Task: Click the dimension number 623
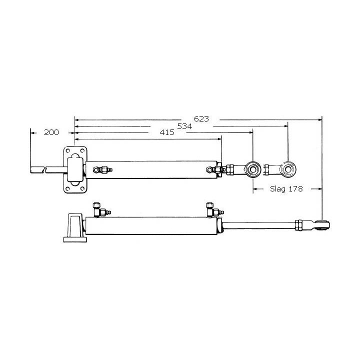coord(201,119)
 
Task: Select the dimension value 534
coord(184,126)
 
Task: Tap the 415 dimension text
coord(167,132)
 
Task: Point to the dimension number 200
coord(51,132)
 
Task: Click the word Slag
coord(278,189)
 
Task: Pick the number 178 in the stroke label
coord(301,189)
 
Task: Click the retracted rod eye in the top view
coord(253,169)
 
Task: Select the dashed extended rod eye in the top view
coord(288,169)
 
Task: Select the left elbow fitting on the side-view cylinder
coord(98,209)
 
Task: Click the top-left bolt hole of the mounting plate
coord(68,151)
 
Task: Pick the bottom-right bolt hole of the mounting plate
coord(82,188)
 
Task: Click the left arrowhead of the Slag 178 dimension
coord(255,189)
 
